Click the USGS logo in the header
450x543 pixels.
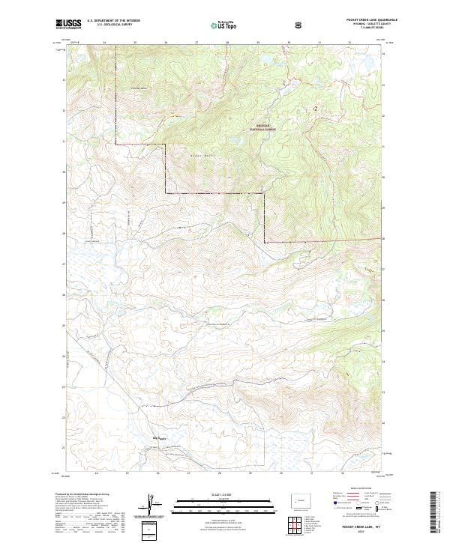point(70,25)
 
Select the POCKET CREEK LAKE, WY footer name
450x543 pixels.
point(363,528)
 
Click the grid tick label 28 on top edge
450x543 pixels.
point(227,43)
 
